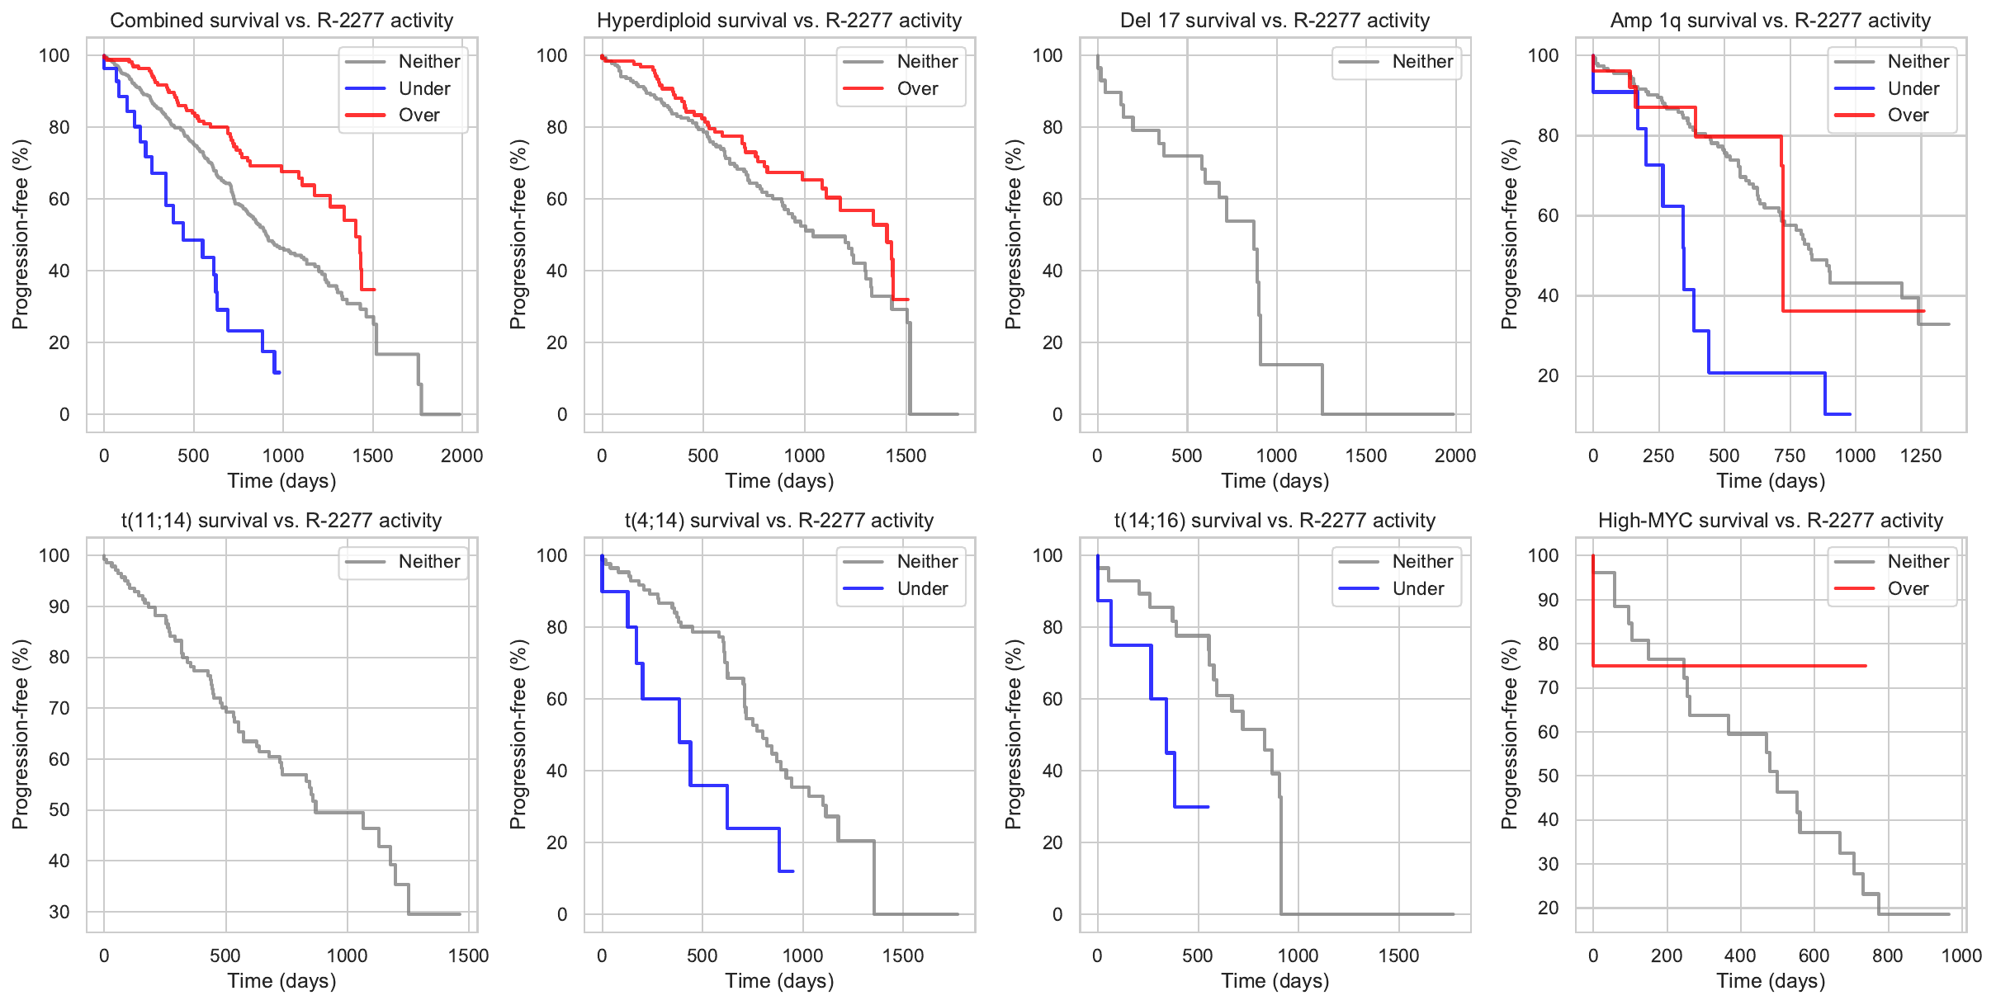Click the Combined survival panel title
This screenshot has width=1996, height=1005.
(281, 20)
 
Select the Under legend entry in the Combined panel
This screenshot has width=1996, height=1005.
(423, 88)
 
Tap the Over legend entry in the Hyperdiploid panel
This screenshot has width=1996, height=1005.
(916, 88)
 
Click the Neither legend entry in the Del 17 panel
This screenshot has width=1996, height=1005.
(1421, 61)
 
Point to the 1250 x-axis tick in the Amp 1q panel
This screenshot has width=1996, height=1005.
(1920, 455)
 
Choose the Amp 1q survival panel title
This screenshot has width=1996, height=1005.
(1770, 20)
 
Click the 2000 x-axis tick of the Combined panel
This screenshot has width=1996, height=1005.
(461, 455)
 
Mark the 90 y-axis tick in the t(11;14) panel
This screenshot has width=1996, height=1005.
(59, 606)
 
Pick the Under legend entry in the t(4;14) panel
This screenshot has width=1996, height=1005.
(922, 588)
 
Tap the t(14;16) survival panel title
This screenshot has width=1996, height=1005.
(1275, 520)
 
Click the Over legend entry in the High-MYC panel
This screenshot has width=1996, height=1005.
(1908, 588)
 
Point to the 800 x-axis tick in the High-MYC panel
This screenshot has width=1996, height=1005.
(1887, 955)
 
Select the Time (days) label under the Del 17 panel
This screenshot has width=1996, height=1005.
(1275, 480)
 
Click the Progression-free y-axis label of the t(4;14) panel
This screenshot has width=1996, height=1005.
(518, 734)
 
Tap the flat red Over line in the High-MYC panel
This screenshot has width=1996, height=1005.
(1733, 666)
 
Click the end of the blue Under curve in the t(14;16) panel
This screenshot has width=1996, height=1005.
(1208, 806)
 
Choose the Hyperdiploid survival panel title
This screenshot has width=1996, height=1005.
(779, 20)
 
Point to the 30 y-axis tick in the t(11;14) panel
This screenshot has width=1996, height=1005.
(59, 912)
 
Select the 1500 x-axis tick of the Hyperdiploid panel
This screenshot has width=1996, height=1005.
(906, 455)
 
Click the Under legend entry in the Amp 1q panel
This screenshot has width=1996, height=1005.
(1913, 88)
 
